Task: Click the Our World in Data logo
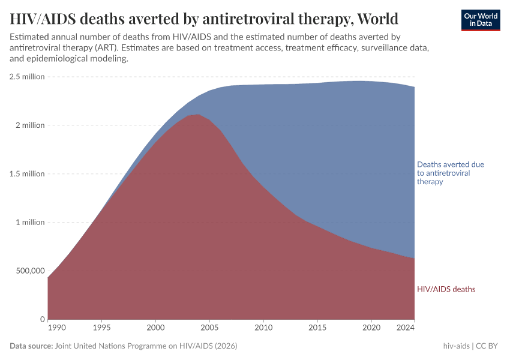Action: pos(480,20)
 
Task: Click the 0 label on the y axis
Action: pos(42,319)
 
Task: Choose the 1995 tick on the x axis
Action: pos(101,328)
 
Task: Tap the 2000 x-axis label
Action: pos(155,328)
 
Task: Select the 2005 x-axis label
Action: pos(209,328)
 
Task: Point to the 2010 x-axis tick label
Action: pos(263,328)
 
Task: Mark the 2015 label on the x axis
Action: pos(317,328)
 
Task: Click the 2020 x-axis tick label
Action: pos(371,328)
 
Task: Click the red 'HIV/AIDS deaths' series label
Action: pos(446,289)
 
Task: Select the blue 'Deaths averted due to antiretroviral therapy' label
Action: pos(450,173)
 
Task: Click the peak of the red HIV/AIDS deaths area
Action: pos(197,115)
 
